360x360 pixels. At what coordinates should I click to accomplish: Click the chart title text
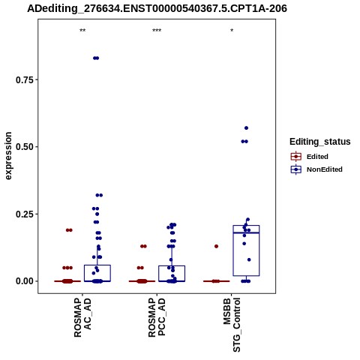tap(157, 8)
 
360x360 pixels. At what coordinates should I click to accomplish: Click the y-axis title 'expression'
tap(8, 156)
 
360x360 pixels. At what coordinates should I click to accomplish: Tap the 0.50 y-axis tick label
tap(25, 147)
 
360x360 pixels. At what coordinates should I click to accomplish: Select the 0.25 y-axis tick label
tap(25, 214)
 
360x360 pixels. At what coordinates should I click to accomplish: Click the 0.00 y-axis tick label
tap(25, 281)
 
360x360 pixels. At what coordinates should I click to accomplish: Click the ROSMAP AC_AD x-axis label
tap(82, 317)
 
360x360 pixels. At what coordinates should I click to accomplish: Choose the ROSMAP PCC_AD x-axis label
tap(157, 317)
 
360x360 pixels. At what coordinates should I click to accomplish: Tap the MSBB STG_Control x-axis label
tap(232, 325)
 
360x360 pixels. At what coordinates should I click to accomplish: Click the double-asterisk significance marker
tap(82, 31)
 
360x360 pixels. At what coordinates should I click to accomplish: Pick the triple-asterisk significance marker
tap(157, 31)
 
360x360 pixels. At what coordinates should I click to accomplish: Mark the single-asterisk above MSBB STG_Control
tap(232, 31)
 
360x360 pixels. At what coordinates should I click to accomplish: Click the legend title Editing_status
tap(320, 142)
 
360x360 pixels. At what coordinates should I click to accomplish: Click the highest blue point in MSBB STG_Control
tap(246, 128)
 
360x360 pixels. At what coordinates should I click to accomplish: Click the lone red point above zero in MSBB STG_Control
tap(216, 246)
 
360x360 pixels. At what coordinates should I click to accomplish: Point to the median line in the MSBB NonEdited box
tap(246, 232)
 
